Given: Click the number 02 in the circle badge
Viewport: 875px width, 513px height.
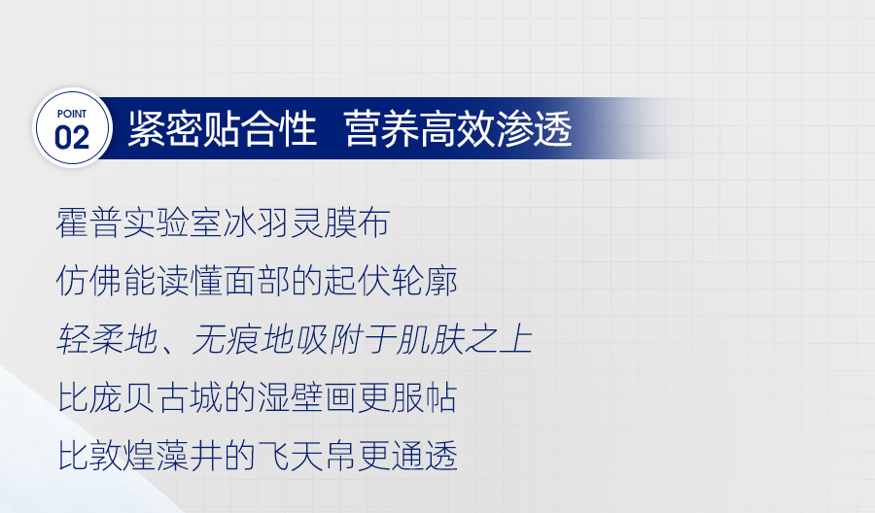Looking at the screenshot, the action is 72,138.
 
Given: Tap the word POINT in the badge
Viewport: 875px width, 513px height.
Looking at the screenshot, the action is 72,114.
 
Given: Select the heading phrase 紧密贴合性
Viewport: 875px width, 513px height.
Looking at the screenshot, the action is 222,129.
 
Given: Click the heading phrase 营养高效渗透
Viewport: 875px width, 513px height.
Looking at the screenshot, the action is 458,129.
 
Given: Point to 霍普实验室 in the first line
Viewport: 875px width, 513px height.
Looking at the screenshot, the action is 139,222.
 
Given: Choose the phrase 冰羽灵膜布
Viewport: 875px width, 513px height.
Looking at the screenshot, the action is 306,222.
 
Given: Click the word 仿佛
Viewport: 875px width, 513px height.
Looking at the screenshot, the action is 89,281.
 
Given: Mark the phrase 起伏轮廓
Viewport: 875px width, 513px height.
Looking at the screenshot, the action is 391,281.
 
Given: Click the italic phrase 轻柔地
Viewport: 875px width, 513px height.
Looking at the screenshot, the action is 107,338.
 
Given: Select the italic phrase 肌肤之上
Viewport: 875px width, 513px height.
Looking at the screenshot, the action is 465,338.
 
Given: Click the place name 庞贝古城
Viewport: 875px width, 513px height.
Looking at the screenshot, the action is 157,397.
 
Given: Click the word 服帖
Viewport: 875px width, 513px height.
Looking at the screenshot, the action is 424,397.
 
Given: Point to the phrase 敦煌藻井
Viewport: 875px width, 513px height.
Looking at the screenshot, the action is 157,456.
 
